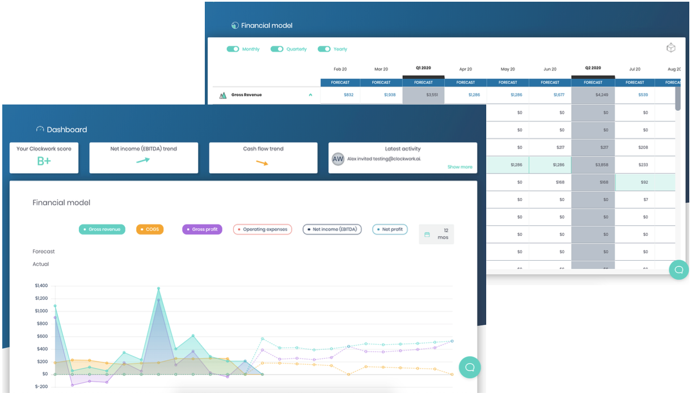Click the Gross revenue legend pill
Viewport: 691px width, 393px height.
point(102,229)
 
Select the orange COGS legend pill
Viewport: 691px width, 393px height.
point(150,229)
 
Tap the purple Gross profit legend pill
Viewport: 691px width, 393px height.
point(202,229)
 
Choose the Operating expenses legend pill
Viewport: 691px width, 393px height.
point(263,229)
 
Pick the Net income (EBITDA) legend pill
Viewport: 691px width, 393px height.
point(332,229)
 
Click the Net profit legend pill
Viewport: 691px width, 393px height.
point(390,229)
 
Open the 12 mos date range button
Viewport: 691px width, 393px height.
point(436,234)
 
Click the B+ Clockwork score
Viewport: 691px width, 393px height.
point(44,161)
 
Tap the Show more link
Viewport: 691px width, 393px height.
point(460,167)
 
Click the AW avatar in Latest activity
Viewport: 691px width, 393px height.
point(338,159)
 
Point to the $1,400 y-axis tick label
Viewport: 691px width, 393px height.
point(41,286)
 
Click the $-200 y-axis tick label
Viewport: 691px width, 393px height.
point(41,386)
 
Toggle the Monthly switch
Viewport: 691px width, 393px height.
point(233,49)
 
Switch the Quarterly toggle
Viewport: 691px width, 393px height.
point(277,49)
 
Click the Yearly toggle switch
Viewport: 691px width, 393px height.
point(324,49)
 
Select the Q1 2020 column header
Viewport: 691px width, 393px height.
point(423,68)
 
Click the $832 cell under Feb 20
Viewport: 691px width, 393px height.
point(348,95)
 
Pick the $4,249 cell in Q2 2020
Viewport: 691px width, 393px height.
point(593,95)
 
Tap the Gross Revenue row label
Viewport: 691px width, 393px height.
point(246,95)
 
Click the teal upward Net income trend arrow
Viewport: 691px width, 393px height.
point(143,161)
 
